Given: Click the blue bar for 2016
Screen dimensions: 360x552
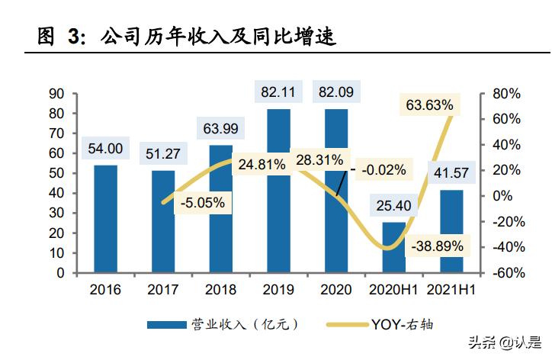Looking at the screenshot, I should point(106,218).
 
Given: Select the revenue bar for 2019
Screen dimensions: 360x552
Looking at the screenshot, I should point(278,191).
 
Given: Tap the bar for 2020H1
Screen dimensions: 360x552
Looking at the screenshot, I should point(394,246).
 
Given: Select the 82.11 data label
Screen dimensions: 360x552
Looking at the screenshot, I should point(278,92).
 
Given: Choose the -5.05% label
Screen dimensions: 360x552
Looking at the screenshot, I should point(202,203).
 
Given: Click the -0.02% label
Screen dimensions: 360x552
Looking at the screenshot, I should point(384,169).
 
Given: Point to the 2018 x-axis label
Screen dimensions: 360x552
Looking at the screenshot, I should point(220,290).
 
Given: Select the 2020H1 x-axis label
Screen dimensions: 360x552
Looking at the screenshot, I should point(393,290).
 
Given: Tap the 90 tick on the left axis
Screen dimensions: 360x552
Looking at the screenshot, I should point(56,94).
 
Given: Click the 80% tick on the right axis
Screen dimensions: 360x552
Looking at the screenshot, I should point(505,94).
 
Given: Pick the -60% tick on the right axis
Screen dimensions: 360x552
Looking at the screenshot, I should point(505,273).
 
